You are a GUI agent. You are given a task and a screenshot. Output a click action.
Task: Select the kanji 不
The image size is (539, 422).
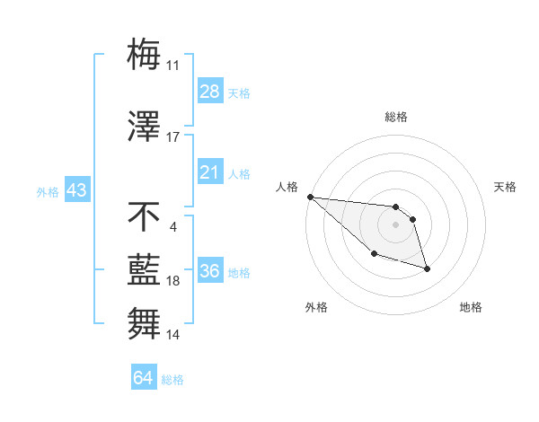click(x=144, y=217)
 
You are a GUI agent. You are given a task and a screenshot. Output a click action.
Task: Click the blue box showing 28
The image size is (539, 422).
click(x=210, y=92)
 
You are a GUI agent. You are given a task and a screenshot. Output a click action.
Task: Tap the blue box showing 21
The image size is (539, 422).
click(x=210, y=172)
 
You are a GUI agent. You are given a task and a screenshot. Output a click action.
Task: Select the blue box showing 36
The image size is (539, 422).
click(x=210, y=271)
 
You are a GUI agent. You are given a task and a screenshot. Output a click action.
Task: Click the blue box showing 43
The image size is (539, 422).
click(x=76, y=190)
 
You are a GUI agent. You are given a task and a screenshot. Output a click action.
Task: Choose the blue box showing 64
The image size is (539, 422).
click(x=144, y=378)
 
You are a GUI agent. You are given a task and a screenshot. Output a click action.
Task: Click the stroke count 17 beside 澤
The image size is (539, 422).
click(x=173, y=137)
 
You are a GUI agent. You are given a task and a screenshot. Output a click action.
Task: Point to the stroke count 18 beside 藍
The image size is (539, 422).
click(x=173, y=281)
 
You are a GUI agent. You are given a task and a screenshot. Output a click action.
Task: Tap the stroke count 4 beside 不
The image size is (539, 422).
click(x=172, y=226)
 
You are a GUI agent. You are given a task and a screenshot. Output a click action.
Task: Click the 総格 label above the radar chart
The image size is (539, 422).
click(x=396, y=117)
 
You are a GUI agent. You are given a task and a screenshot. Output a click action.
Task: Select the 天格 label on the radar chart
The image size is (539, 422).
click(x=506, y=187)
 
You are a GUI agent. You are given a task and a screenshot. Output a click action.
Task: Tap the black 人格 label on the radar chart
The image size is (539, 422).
click(x=286, y=187)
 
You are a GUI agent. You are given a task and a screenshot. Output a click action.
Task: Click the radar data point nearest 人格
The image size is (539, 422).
click(x=310, y=197)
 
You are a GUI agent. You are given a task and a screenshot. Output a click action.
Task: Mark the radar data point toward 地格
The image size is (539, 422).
click(x=427, y=268)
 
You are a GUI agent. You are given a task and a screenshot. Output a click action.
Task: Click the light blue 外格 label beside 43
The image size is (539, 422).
click(x=48, y=191)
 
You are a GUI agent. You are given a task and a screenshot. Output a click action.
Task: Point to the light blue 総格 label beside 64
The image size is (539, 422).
click(x=172, y=379)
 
